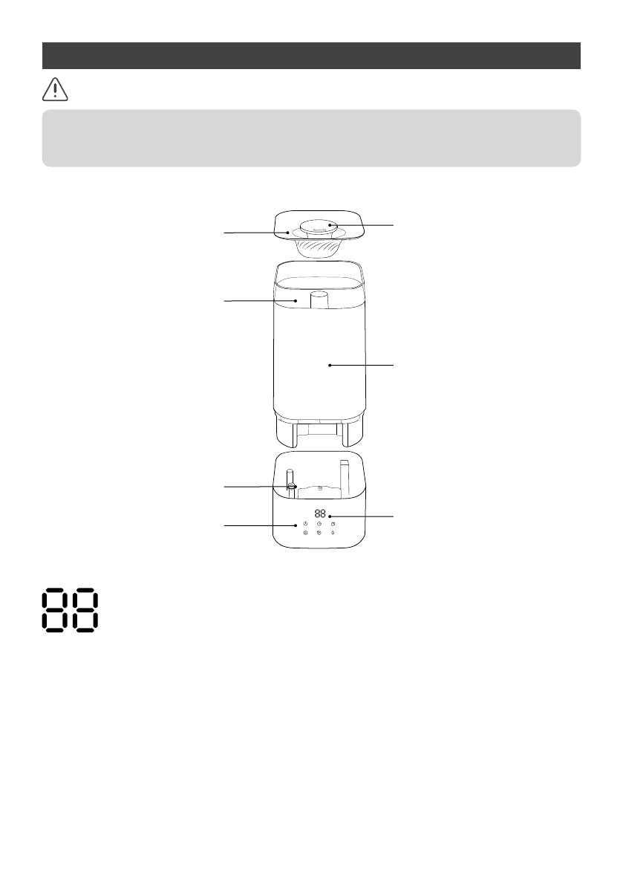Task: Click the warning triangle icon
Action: pos(55,90)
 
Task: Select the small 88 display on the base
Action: pos(320,513)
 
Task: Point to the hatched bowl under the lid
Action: pos(318,247)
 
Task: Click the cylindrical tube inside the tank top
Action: pos(319,299)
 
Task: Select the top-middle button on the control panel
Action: pos(319,525)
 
